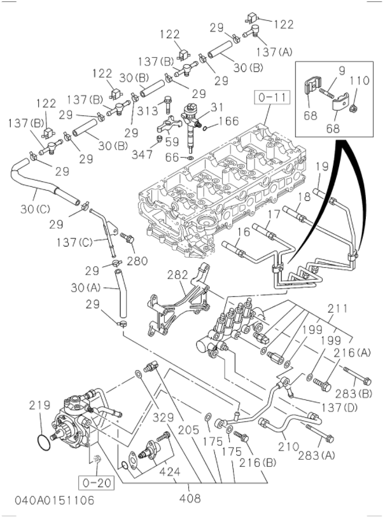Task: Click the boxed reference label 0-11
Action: [x=269, y=97]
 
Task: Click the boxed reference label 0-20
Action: [x=94, y=483]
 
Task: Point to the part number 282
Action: [x=178, y=275]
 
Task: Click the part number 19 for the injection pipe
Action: [x=321, y=168]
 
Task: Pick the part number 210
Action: [x=288, y=448]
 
